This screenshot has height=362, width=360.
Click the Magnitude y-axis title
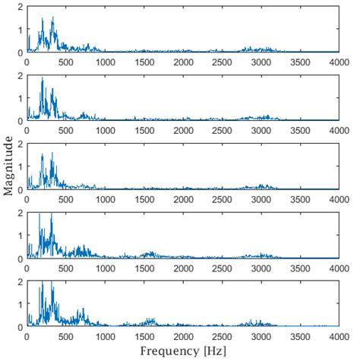pos(7,166)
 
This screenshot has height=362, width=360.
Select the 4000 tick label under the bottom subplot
pos(339,336)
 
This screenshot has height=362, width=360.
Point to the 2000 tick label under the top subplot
pos(183,62)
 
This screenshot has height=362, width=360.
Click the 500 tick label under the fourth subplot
pos(66,268)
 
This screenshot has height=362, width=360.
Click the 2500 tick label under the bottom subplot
pos(222,336)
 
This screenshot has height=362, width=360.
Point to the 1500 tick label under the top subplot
pos(144,62)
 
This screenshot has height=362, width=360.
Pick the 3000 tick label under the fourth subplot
pos(261,268)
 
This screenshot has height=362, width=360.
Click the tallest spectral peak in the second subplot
pos(43,79)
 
